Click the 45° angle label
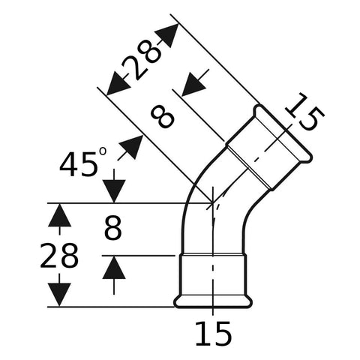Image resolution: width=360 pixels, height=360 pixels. (x=83, y=163)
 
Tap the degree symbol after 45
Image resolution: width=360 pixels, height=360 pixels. (x=103, y=151)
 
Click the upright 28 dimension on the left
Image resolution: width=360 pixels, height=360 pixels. (x=59, y=256)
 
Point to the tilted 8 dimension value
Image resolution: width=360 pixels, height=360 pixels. (x=162, y=117)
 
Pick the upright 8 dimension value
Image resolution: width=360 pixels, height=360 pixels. (x=113, y=228)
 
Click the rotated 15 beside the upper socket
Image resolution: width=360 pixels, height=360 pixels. (x=304, y=112)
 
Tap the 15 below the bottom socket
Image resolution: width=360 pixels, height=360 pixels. (x=213, y=333)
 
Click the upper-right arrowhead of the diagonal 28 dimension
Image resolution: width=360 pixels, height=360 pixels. (x=168, y=35)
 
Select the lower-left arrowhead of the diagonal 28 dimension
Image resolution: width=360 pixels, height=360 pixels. (x=118, y=83)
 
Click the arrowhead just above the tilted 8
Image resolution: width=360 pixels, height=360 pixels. (x=193, y=84)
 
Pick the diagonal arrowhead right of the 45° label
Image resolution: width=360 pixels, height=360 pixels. (x=131, y=147)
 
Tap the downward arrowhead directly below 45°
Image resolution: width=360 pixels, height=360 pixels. (x=114, y=190)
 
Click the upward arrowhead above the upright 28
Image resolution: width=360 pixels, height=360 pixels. (x=59, y=215)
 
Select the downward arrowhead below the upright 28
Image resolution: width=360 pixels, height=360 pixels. (x=59, y=295)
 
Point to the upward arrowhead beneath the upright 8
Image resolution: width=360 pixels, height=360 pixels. (x=114, y=268)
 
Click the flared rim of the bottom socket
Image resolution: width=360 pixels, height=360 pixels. (x=213, y=302)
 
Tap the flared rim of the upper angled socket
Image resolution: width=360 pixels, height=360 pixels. (x=283, y=133)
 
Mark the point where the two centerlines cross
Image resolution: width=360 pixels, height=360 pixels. (x=212, y=203)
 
